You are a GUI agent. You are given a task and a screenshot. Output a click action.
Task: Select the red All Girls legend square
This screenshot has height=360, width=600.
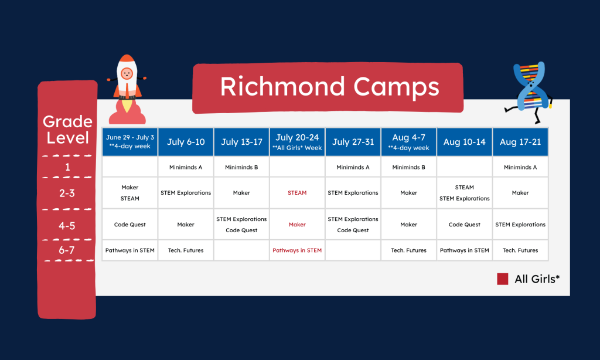coord(502,279)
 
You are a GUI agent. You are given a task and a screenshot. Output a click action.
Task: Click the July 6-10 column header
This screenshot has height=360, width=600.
coord(186,142)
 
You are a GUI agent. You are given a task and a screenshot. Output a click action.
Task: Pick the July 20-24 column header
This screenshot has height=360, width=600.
coord(297,142)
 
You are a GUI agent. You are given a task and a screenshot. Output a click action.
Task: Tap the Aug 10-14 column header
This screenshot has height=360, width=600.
coord(464,142)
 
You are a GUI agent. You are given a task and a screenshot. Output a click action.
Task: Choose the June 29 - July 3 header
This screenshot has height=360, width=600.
coord(130,142)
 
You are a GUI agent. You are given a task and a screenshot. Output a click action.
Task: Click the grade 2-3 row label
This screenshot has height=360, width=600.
coord(68,193)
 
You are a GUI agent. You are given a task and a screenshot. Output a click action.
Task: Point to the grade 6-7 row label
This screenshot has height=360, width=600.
coord(68,250)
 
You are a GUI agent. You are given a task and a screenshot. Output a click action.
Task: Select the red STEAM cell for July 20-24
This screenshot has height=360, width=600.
coord(297,193)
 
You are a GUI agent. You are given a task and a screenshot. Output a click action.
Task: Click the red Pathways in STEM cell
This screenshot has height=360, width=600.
coord(297,250)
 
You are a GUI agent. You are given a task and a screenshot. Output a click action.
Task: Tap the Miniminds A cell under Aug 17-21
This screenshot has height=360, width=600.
coord(520,167)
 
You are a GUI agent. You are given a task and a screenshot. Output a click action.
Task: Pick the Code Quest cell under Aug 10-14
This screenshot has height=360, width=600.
coord(464,225)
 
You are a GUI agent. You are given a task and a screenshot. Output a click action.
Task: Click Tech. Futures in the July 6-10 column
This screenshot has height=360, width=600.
coord(186,250)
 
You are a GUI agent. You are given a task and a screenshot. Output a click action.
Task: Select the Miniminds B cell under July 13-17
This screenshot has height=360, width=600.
coord(241,167)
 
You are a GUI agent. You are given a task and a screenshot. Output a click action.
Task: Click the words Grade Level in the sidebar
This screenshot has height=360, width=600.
coord(68,130)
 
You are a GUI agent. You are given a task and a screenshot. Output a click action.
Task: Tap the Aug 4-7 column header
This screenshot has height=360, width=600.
coord(408,142)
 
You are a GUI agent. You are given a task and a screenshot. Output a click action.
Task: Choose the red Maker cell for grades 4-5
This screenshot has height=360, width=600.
coord(297,225)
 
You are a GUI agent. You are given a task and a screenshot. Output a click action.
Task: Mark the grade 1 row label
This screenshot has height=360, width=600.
coord(68,167)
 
